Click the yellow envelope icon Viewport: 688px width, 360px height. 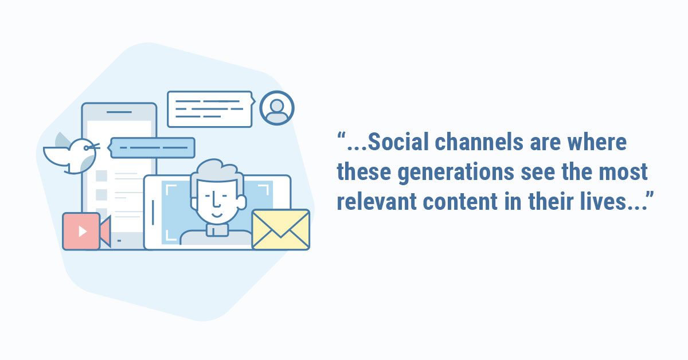point(281,229)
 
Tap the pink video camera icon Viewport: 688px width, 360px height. point(87,231)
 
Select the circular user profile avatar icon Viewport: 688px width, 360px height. point(277,108)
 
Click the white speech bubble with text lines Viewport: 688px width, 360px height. point(211,109)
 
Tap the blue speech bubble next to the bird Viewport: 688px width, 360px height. point(151,148)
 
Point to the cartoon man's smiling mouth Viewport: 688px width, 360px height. point(217,214)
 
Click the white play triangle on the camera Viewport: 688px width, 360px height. point(83,231)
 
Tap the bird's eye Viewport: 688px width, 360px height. point(87,148)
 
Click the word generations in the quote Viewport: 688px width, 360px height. point(456,173)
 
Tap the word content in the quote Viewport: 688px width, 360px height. point(460,202)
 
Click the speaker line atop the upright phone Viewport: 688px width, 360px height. point(119,112)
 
